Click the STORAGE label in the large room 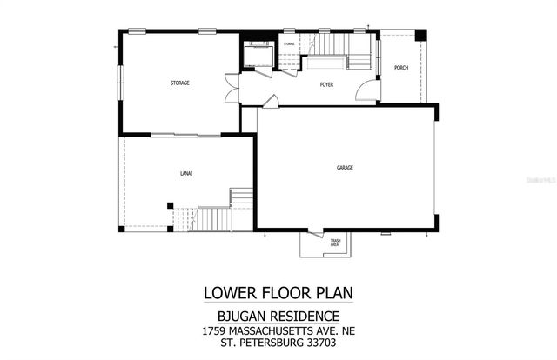[179, 83]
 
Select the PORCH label [401, 68]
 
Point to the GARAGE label [346, 167]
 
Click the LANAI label [187, 174]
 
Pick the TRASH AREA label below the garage [334, 243]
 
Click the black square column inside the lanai [170, 205]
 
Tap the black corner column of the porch [421, 36]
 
